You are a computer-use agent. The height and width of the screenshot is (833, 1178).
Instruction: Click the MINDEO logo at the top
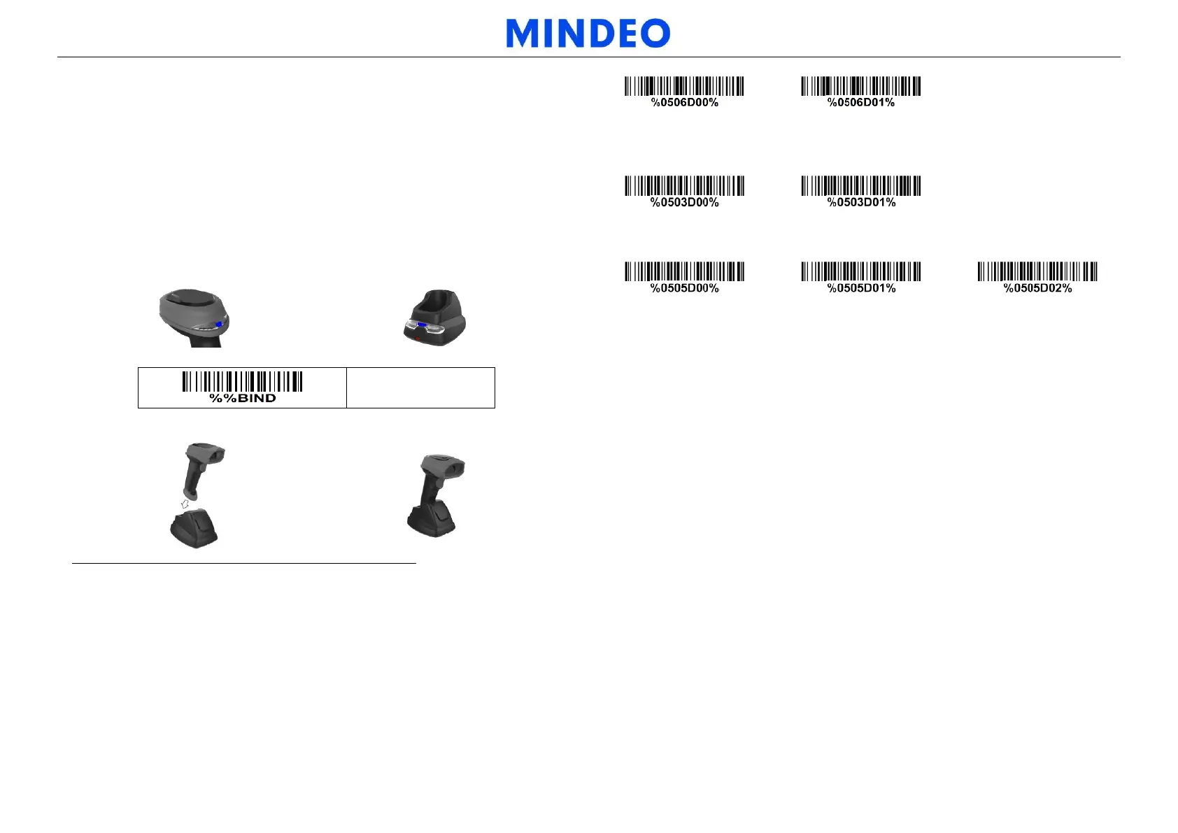588,34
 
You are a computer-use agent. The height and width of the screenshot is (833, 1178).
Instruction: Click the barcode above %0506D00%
684,86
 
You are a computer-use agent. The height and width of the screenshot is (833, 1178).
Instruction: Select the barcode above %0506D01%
860,86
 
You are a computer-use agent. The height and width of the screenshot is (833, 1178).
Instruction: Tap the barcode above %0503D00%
684,186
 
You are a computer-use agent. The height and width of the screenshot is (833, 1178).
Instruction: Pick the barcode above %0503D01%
860,186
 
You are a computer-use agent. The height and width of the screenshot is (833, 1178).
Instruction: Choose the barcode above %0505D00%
684,271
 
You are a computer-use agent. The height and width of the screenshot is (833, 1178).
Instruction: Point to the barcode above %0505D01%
860,271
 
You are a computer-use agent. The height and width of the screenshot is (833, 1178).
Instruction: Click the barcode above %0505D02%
1037,271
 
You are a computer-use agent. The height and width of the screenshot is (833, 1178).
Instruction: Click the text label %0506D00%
684,103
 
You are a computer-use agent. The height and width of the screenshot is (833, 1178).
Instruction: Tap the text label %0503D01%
861,203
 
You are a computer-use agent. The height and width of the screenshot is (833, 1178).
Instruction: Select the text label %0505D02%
1037,288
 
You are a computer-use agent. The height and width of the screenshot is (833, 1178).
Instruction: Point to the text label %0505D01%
861,288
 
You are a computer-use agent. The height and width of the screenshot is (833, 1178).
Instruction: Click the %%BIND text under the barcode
243,399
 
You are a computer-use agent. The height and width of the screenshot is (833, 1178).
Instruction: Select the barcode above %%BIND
242,381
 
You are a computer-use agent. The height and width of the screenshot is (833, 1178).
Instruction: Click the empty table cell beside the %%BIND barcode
420,387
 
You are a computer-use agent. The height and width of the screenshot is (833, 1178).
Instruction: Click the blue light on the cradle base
422,325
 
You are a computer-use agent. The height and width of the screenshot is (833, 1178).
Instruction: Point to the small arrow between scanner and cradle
185,504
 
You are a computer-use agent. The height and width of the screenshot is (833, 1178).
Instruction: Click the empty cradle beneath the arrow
194,528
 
